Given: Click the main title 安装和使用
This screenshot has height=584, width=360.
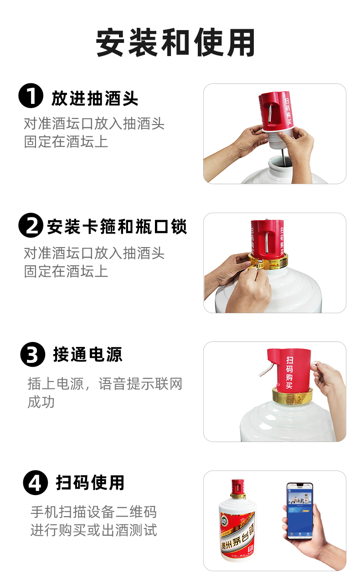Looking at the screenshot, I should (x=175, y=43).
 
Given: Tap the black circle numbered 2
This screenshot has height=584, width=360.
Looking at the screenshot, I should (x=31, y=225).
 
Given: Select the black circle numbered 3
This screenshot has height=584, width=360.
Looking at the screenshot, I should (x=32, y=354).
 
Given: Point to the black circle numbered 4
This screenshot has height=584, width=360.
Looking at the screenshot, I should (x=35, y=483).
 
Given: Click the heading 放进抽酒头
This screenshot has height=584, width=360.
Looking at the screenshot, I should (x=95, y=98).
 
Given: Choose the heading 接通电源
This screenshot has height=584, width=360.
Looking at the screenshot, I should (x=88, y=355).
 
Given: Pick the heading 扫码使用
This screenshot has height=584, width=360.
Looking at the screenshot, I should (x=90, y=483).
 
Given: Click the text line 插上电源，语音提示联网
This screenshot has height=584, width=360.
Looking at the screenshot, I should (x=105, y=384).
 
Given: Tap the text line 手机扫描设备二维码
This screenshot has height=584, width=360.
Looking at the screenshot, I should (x=93, y=512).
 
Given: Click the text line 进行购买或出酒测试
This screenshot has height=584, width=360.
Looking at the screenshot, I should (x=93, y=530).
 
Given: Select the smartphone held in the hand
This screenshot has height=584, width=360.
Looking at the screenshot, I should (x=299, y=511).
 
